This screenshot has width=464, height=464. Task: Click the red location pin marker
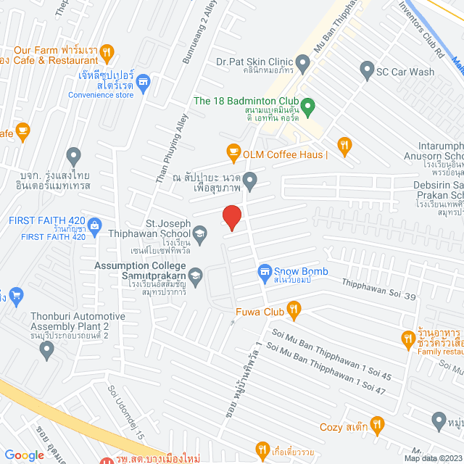[231, 217]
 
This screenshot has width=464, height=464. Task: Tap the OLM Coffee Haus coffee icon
[233, 152]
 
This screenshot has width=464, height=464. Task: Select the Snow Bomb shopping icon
[265, 272]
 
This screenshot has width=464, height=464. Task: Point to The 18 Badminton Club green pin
[307, 108]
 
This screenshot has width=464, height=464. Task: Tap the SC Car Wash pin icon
[366, 71]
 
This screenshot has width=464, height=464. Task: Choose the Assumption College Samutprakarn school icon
[196, 276]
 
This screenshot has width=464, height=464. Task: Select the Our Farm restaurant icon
[107, 51]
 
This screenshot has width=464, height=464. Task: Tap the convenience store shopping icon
[143, 83]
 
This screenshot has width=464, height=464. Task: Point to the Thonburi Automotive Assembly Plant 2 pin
[48, 350]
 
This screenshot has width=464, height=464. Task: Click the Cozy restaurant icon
[376, 424]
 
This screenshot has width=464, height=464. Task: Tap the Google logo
[24, 455]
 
